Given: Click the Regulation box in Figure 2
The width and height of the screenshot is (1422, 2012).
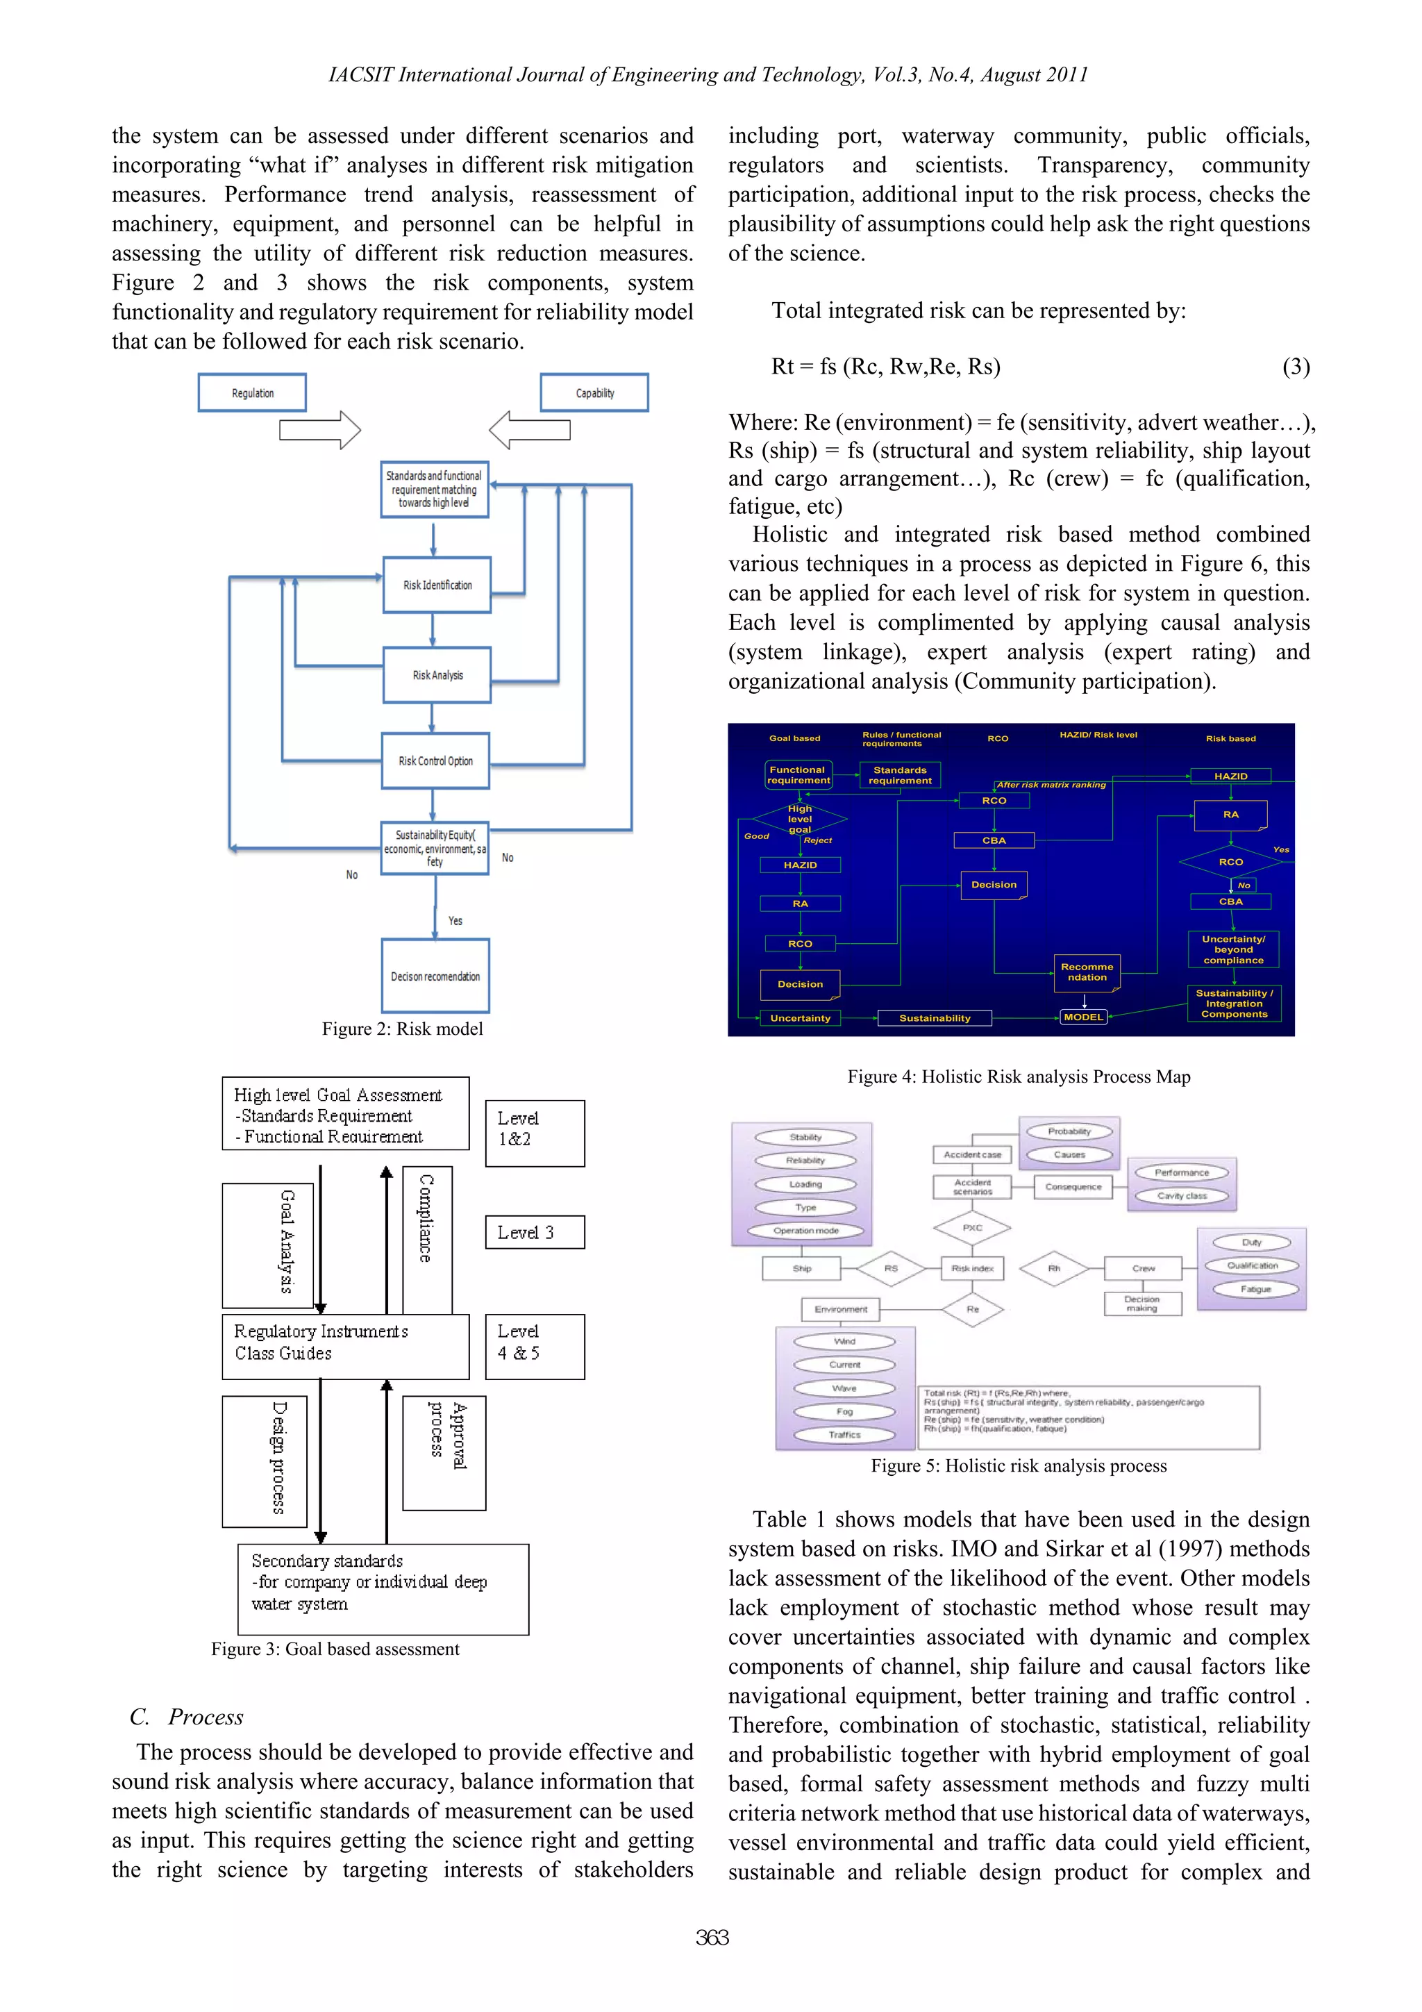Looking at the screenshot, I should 252,392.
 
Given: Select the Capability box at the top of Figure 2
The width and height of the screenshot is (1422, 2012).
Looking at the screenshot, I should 594,392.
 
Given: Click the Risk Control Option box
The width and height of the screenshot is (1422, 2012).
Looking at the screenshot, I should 435,760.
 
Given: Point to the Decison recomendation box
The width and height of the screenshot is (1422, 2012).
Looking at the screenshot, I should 435,976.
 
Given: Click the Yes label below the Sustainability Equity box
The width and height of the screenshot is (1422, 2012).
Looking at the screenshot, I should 455,921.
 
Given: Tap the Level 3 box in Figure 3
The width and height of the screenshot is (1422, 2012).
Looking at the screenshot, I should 535,1232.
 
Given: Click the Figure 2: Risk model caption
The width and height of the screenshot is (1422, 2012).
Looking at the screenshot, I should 402,1029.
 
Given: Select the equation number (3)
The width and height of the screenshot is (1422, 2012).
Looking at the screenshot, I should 1296,366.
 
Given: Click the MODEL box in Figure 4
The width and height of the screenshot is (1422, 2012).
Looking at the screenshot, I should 1084,1017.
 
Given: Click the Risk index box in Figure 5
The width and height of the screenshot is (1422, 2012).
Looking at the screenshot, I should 973,1268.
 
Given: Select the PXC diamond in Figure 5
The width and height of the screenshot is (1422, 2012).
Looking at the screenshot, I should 973,1228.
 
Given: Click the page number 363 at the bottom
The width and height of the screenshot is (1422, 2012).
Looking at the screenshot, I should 712,1938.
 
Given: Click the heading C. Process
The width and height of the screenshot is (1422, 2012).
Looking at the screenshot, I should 187,1717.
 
